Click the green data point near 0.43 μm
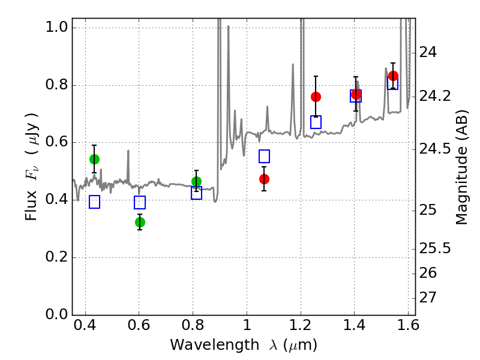point(94,159)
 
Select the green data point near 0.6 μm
point(140,222)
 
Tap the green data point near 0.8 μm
point(196,181)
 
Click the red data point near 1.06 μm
point(264,179)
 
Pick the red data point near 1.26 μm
point(316,97)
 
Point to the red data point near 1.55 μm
point(393,76)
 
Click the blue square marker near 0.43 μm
point(94,202)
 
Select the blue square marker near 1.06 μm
point(264,156)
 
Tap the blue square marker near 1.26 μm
point(316,122)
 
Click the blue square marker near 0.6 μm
point(140,202)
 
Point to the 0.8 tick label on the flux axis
point(56,85)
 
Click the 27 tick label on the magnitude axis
point(430,298)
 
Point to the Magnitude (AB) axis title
point(461,167)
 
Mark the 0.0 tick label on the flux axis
point(56,315)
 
